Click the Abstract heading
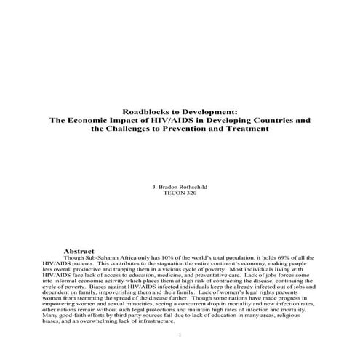click(x=81, y=250)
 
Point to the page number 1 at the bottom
click(x=180, y=335)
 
